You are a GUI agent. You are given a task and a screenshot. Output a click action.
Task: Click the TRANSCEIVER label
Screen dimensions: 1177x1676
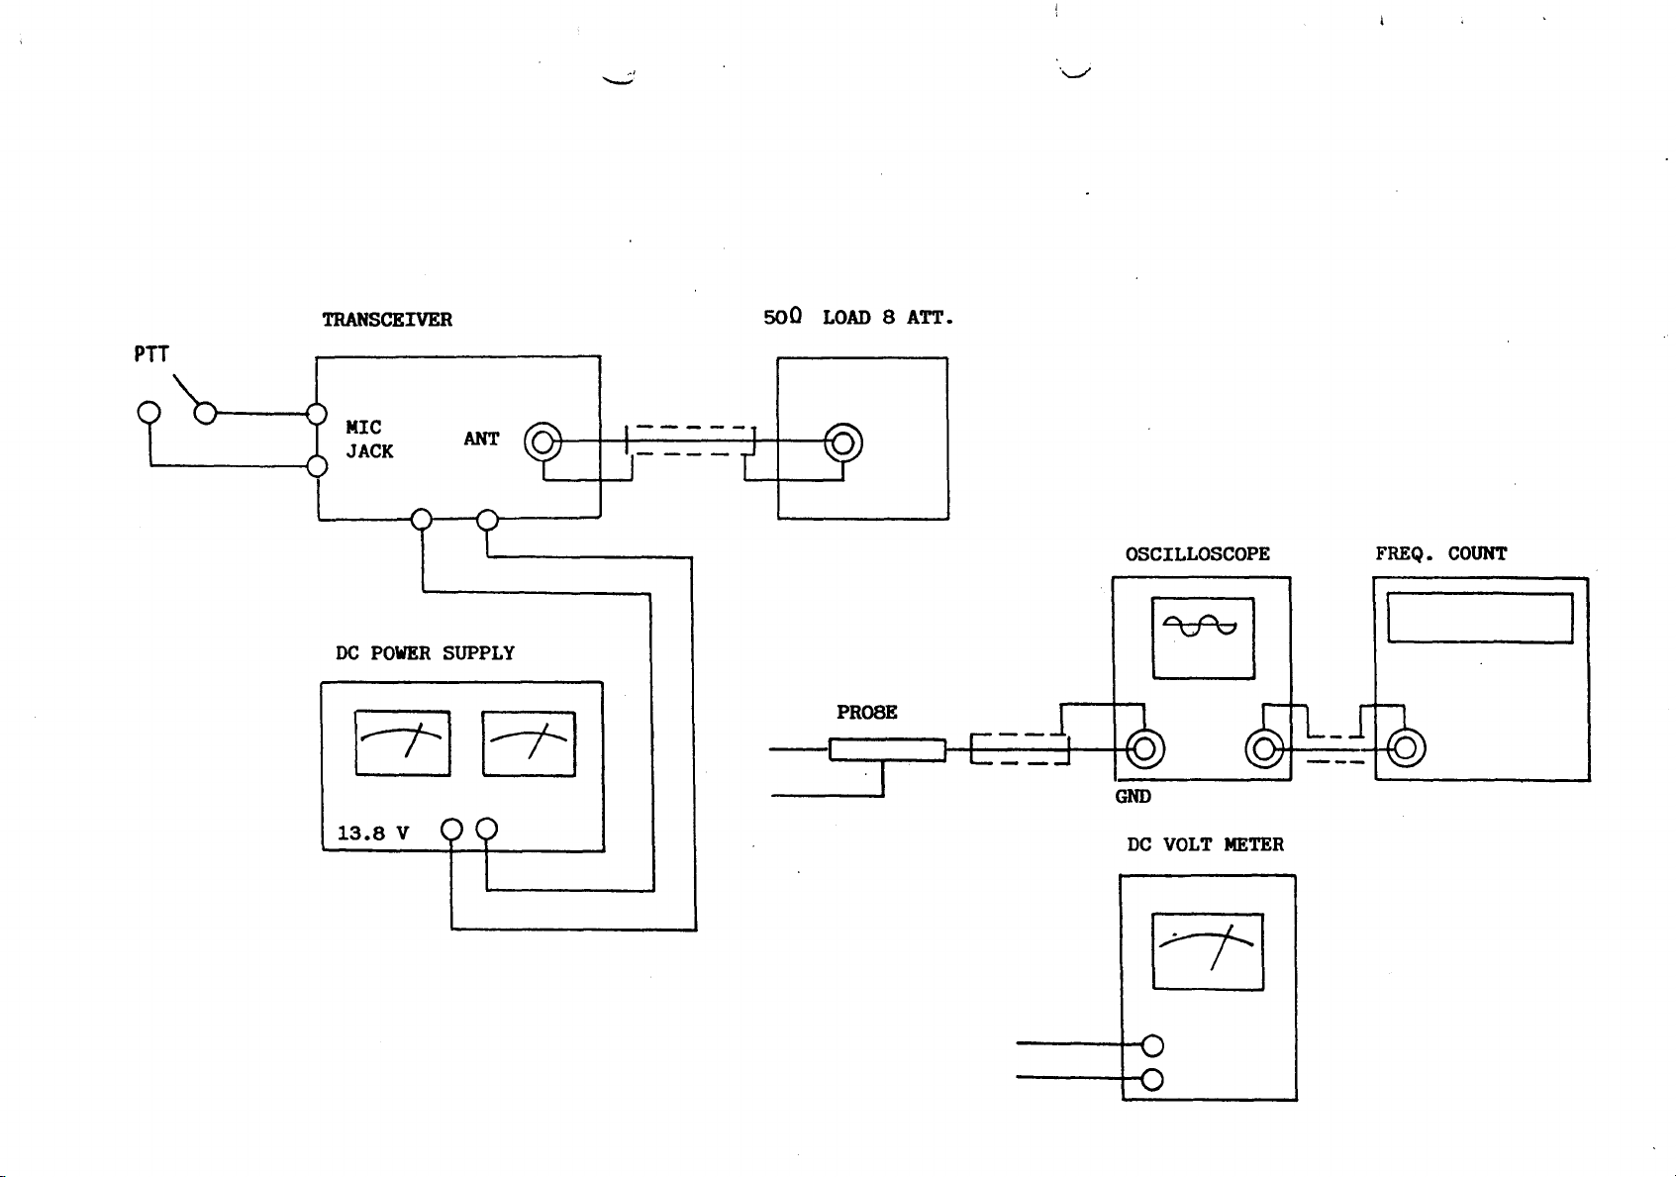click(x=387, y=320)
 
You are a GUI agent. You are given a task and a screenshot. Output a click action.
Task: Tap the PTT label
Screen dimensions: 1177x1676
click(x=151, y=354)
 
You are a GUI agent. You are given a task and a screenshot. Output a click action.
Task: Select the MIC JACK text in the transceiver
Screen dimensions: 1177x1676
click(x=369, y=440)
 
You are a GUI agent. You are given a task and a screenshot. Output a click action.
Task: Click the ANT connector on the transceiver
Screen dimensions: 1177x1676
click(x=542, y=441)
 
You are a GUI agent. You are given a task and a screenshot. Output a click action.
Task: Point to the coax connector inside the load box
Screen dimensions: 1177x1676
click(x=843, y=442)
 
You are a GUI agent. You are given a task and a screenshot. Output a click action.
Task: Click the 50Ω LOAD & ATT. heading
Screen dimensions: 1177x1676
click(x=857, y=318)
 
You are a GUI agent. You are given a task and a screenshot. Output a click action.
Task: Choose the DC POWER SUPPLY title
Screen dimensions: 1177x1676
click(x=425, y=653)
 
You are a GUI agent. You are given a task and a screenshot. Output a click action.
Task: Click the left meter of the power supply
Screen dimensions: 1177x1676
click(x=402, y=743)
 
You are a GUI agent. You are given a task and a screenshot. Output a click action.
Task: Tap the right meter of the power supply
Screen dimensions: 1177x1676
click(x=529, y=743)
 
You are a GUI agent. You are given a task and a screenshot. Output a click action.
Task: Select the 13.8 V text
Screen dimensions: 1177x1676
click(x=373, y=834)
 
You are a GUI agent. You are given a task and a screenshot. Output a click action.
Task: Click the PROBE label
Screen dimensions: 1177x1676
click(x=866, y=713)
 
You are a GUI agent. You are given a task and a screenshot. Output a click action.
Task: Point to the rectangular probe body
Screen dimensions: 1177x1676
click(x=887, y=750)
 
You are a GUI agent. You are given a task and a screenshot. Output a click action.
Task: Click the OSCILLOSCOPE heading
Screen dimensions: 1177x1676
click(x=1197, y=554)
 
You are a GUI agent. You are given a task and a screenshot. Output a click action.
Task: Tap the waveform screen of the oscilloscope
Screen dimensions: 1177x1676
click(x=1203, y=638)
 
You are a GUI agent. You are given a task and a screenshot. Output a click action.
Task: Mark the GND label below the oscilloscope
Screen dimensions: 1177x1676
click(x=1133, y=797)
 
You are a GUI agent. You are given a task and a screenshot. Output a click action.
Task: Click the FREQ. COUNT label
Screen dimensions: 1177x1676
click(x=1440, y=554)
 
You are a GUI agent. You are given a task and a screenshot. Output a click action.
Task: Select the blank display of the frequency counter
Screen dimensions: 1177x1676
click(x=1480, y=619)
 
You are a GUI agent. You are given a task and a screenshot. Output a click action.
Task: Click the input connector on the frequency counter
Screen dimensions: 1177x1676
click(x=1406, y=748)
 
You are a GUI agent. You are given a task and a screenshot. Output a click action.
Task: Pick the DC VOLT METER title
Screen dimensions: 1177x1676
click(x=1205, y=845)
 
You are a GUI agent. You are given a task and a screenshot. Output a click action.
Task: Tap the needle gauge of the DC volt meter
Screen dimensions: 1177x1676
click(x=1208, y=951)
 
